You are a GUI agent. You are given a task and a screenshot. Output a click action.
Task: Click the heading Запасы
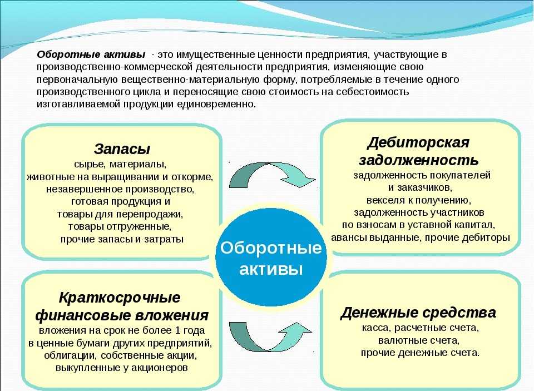click(122, 149)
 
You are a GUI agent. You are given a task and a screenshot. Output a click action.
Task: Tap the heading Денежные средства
click(418, 313)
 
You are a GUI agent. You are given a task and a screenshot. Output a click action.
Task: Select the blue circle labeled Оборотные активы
click(271, 258)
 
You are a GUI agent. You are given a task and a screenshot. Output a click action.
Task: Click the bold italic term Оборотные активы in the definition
click(91, 55)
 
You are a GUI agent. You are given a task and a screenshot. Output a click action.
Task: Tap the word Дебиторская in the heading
click(418, 142)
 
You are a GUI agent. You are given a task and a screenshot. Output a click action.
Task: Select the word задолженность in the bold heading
click(418, 160)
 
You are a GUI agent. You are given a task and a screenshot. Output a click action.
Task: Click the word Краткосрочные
click(120, 298)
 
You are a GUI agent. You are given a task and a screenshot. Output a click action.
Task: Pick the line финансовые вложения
click(122, 315)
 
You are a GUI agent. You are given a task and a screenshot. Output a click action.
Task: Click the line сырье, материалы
click(120, 165)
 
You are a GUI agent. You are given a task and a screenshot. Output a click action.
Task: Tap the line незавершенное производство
click(120, 189)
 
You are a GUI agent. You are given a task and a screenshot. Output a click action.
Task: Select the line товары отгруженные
click(120, 226)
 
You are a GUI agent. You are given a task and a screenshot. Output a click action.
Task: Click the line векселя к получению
click(418, 200)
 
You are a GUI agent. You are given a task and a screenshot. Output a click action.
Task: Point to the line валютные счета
click(418, 340)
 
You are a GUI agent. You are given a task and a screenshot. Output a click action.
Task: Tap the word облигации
click(70, 355)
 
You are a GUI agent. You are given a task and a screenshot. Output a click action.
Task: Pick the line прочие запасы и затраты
click(122, 239)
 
